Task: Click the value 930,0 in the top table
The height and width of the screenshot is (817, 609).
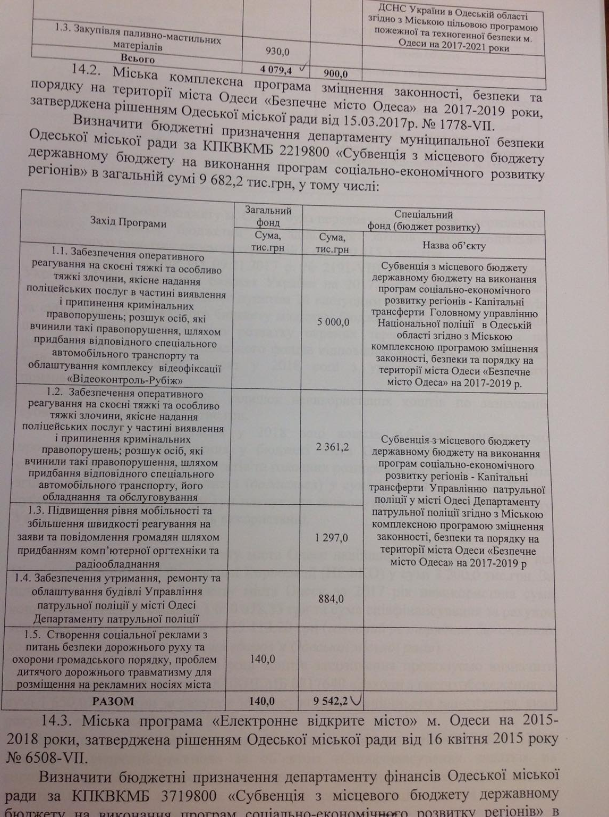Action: [277, 52]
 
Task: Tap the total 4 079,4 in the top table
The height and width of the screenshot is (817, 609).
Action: [276, 69]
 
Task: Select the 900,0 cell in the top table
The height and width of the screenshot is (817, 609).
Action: [335, 74]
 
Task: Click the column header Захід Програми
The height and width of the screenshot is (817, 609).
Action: [128, 223]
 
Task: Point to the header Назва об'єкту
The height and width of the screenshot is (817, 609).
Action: [454, 245]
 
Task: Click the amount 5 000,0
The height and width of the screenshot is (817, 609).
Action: [333, 322]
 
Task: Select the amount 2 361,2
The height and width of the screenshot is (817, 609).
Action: [332, 447]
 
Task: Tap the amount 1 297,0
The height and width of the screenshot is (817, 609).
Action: [331, 538]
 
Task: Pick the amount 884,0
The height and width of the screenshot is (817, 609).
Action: [331, 599]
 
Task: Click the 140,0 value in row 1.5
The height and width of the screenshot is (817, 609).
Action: [262, 659]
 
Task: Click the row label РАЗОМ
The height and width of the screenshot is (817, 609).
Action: [113, 701]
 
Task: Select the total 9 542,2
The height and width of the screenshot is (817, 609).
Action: [331, 701]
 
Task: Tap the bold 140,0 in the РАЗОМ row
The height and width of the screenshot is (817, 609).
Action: [262, 701]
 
